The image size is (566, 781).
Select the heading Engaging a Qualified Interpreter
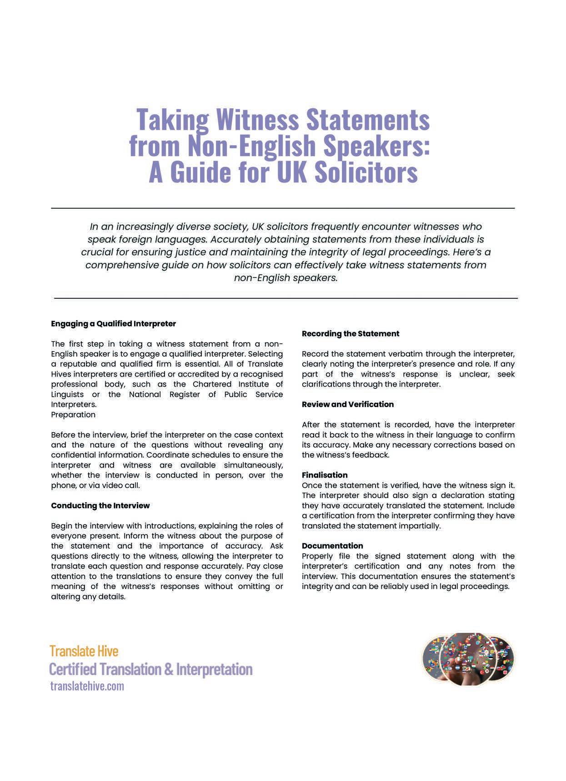(x=113, y=324)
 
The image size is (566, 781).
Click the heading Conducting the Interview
(x=100, y=506)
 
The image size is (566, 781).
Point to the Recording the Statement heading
(x=351, y=334)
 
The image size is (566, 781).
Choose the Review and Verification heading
(x=348, y=404)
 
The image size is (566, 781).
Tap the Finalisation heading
(x=325, y=475)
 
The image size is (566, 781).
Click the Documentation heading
(x=332, y=546)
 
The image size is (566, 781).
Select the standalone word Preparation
(x=73, y=415)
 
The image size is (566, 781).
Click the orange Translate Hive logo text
(x=84, y=651)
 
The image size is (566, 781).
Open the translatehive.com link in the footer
(x=87, y=686)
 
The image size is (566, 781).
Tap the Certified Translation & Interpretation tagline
(x=150, y=669)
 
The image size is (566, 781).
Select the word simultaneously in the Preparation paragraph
(x=253, y=465)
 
